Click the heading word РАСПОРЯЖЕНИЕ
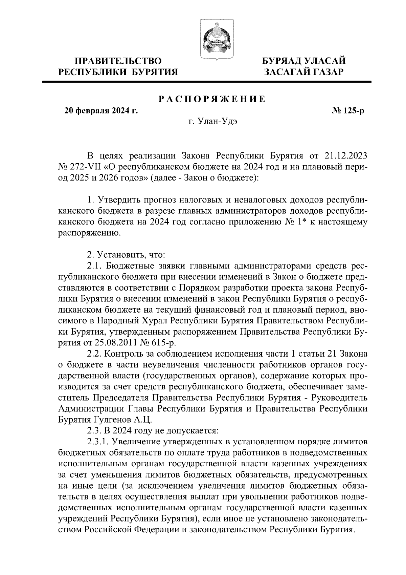(212, 99)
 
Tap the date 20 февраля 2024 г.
(101, 110)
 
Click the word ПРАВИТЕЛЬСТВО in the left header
(118, 61)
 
